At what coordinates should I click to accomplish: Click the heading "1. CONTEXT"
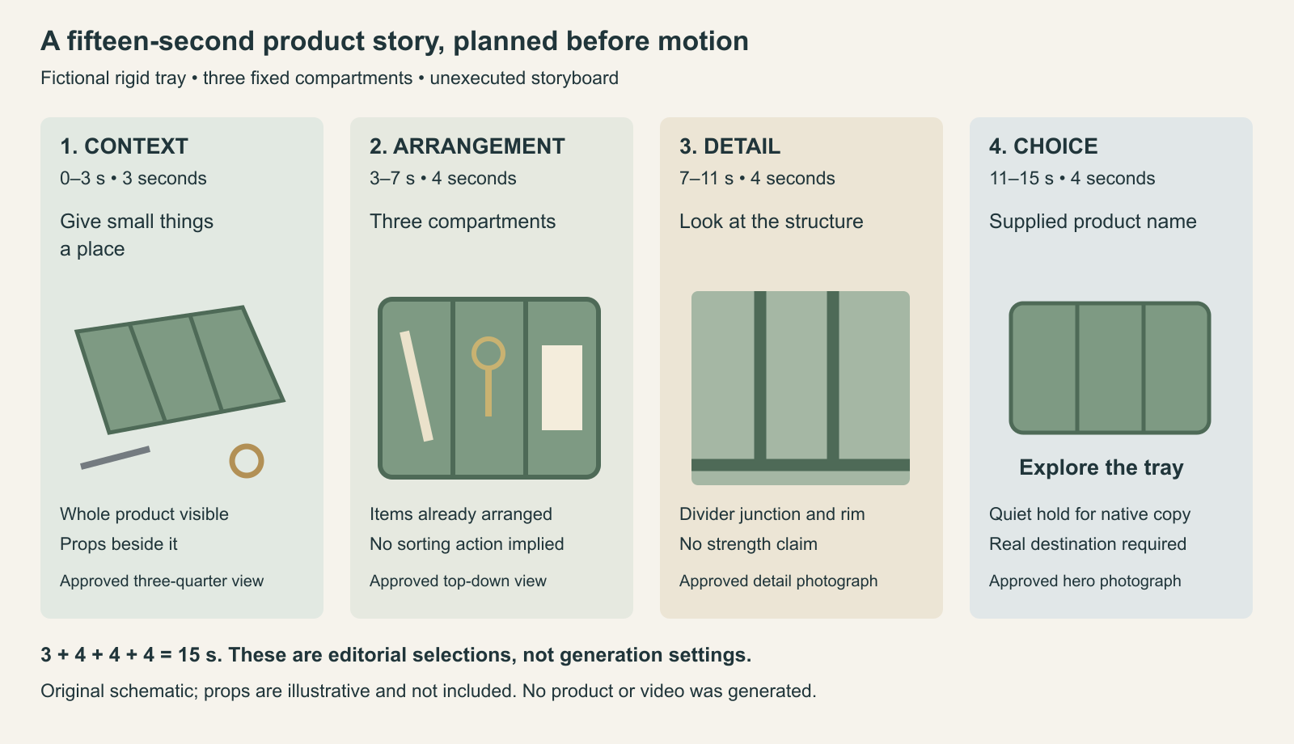point(125,146)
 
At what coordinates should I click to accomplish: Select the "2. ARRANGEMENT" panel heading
point(467,146)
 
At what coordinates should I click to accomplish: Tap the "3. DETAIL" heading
point(729,146)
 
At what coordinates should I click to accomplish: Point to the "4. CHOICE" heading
point(1043,146)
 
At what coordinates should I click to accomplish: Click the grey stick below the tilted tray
point(116,458)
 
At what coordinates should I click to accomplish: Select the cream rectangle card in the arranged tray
point(561,387)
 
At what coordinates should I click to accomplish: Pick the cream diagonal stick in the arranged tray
point(416,386)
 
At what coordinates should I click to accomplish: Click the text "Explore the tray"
point(1101,467)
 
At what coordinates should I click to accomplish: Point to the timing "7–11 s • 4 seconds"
point(757,179)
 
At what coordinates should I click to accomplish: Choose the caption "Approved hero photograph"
point(1085,581)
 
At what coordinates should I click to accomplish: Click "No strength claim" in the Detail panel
point(748,544)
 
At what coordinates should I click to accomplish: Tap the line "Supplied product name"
point(1093,222)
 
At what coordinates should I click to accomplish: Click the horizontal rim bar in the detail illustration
point(801,465)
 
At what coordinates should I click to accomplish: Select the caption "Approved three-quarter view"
point(162,581)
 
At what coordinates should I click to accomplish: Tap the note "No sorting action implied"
point(467,544)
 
